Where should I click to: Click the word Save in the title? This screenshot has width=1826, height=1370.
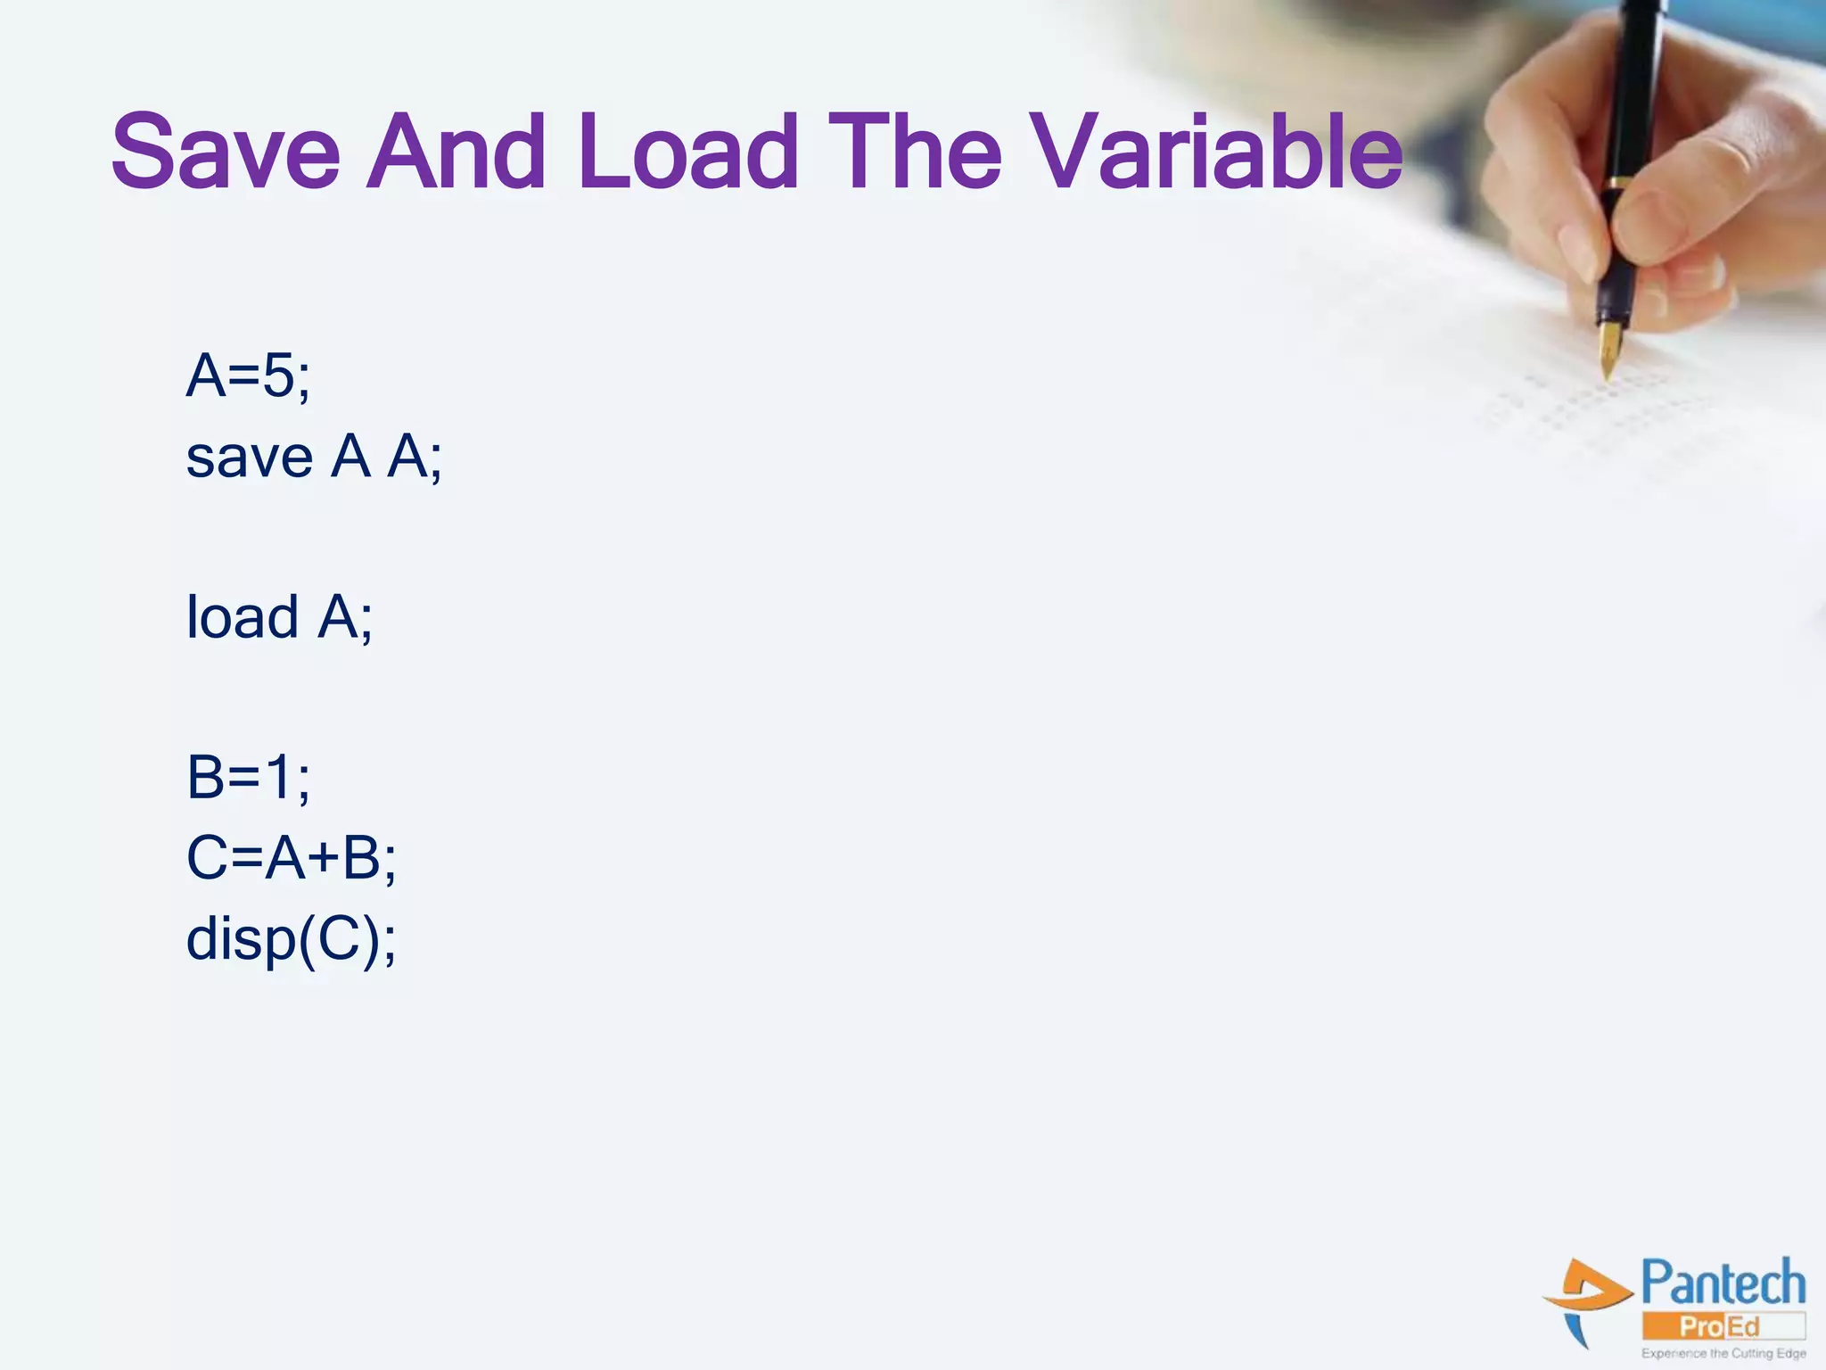(x=226, y=152)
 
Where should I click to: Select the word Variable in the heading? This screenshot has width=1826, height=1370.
(x=1218, y=152)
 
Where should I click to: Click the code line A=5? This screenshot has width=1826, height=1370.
(x=248, y=376)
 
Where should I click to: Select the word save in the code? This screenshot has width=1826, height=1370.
(x=249, y=458)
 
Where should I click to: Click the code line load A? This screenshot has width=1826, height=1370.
(x=279, y=617)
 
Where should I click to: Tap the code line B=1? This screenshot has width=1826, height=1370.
(x=248, y=777)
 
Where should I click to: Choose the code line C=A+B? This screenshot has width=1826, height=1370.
(x=291, y=858)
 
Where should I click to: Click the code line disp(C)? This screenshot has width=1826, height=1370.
(x=291, y=939)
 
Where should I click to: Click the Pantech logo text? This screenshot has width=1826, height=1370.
(x=1723, y=1284)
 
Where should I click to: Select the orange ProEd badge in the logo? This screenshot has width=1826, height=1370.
(x=1721, y=1326)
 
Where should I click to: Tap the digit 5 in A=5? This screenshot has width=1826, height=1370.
(x=278, y=376)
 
